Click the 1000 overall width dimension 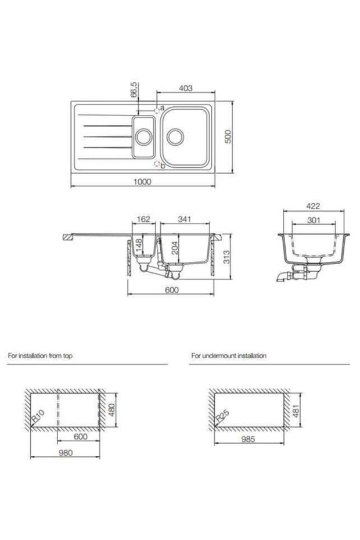point(142,182)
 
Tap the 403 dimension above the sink point(185,88)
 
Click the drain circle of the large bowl point(176,136)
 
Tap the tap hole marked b point(157,165)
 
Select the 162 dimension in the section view point(143,219)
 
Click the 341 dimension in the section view point(185,219)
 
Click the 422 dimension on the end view point(313,206)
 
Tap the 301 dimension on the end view point(313,220)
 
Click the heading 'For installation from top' point(40,355)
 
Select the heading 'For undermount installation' point(228,355)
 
